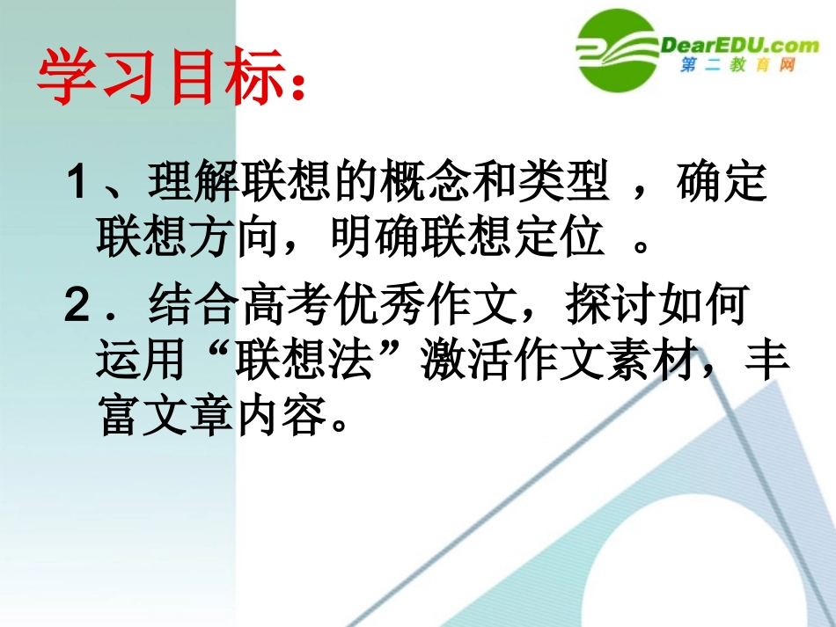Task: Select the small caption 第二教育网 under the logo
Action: point(737,66)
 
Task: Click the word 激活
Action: point(455,360)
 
